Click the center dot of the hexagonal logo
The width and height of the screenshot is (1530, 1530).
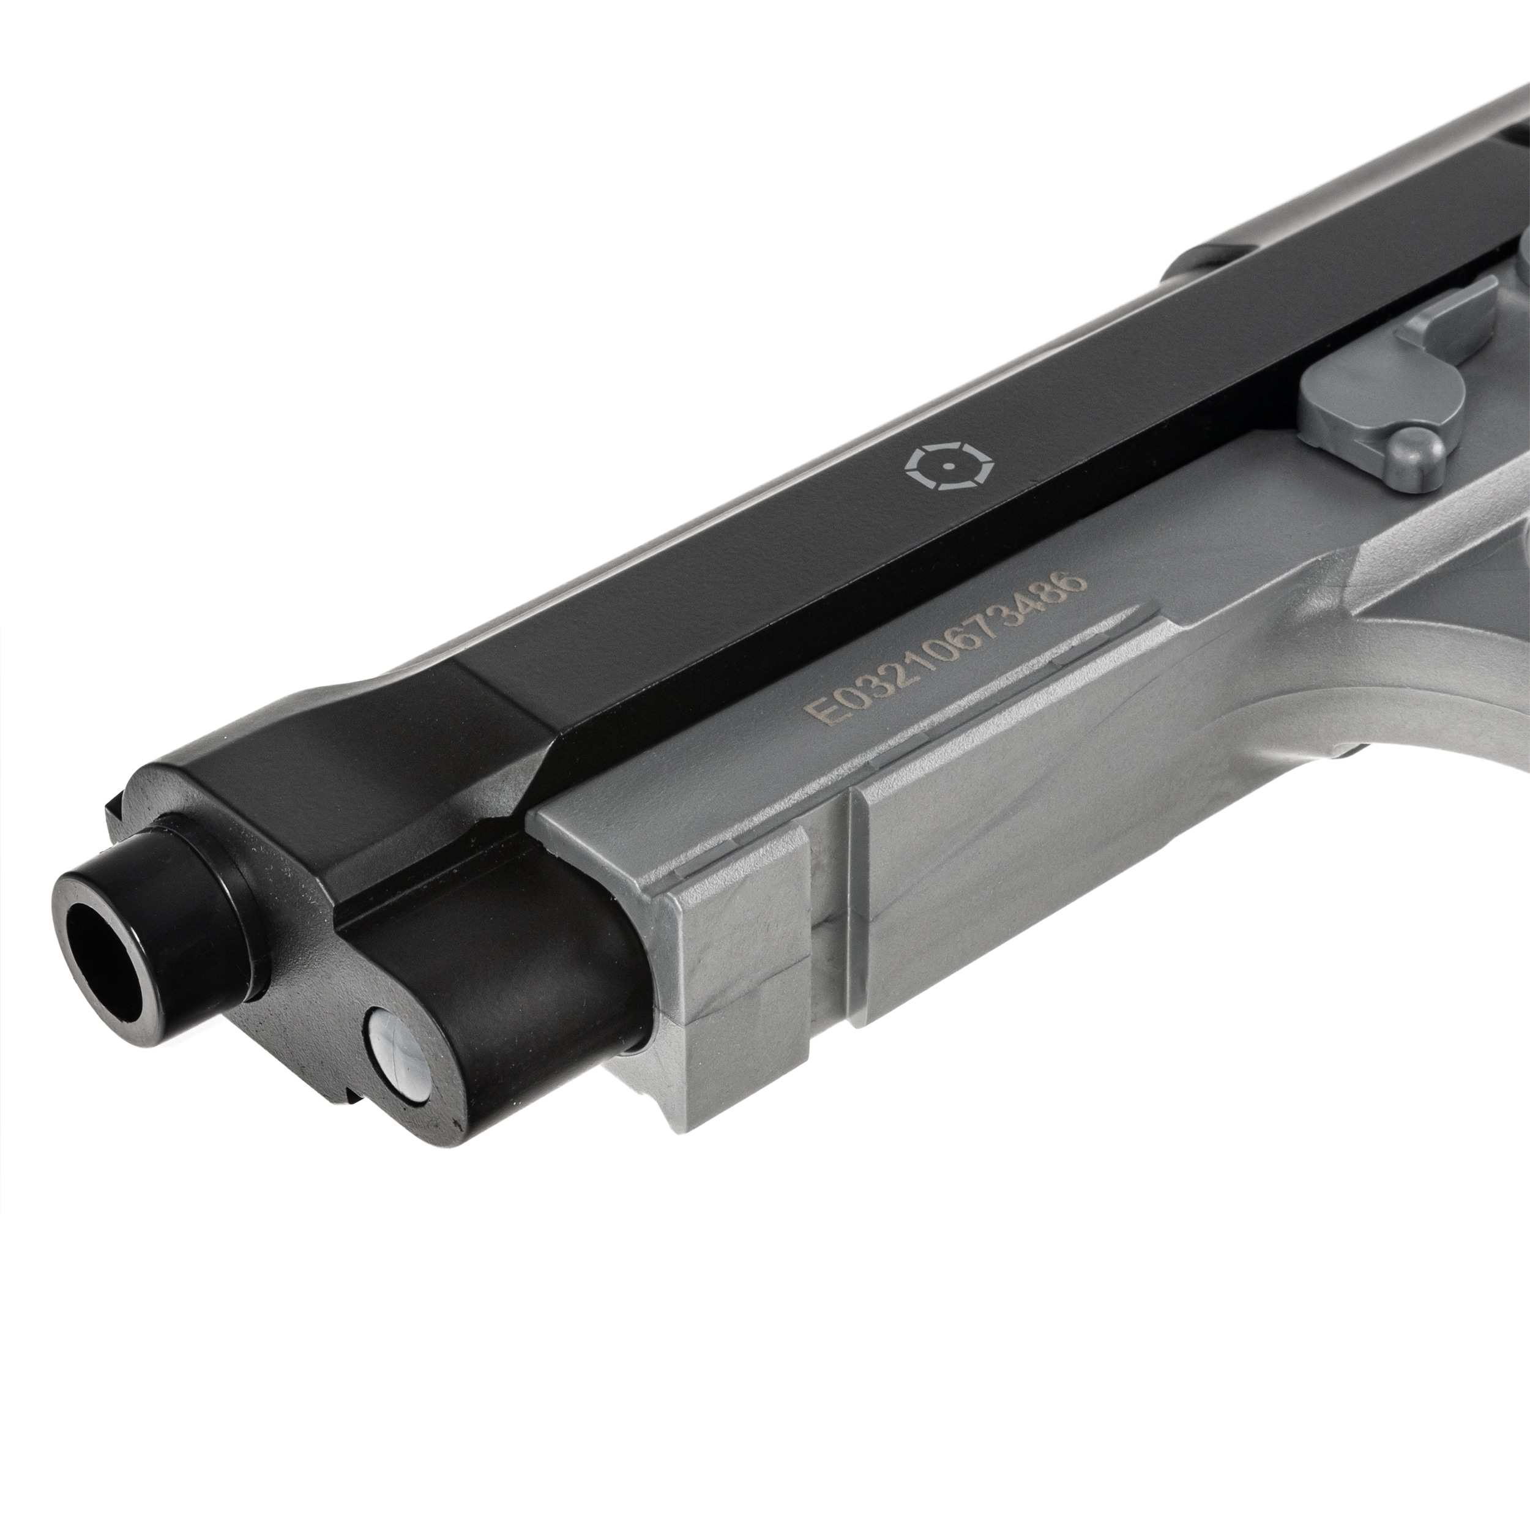[944, 466]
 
